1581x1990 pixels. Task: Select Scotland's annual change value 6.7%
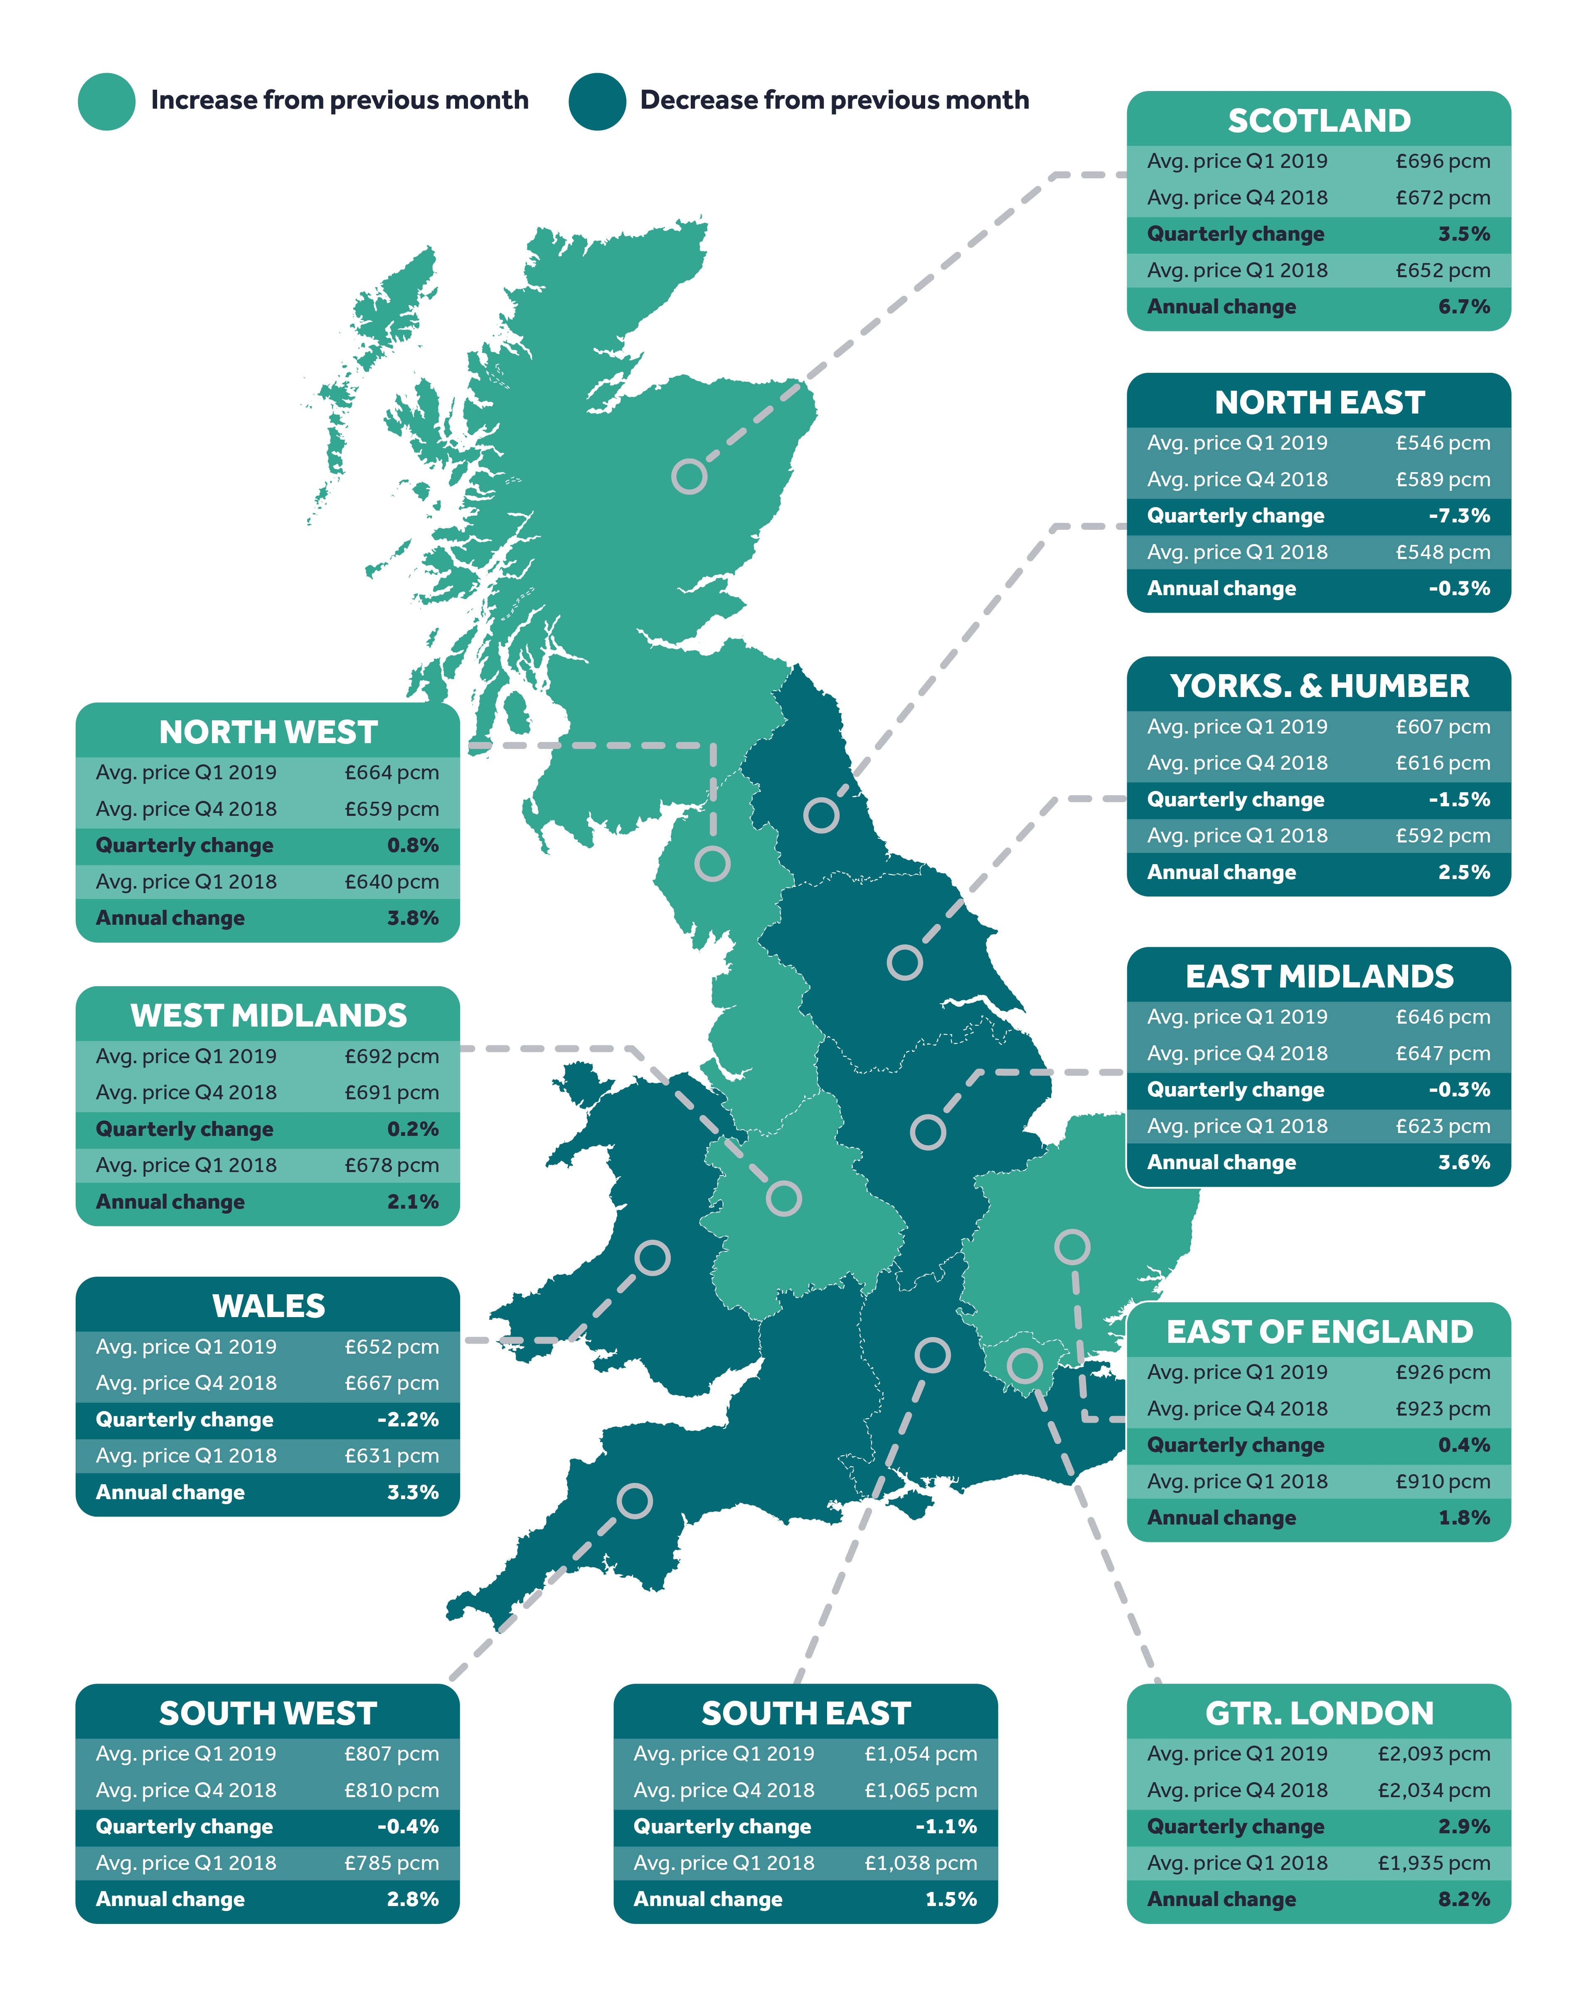tap(1463, 306)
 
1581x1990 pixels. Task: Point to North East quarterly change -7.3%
tap(1458, 515)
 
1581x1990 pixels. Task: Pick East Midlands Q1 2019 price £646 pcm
tap(1442, 1016)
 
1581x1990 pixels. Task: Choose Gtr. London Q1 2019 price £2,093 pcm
tap(1433, 1753)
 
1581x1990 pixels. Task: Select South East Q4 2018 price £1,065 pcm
tap(920, 1790)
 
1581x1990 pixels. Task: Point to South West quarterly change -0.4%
tap(407, 1826)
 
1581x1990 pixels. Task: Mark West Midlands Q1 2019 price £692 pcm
tap(392, 1056)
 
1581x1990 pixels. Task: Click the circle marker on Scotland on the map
tap(689, 476)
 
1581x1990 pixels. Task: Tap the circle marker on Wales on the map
tap(652, 1257)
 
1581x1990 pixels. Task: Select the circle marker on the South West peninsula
tap(634, 1501)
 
